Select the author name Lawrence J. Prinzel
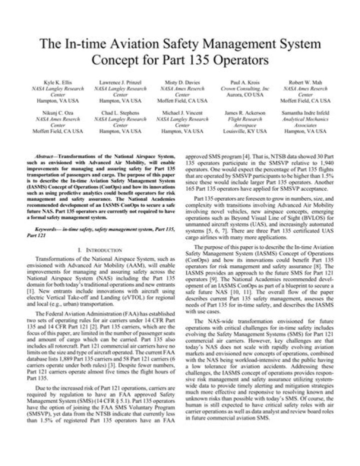pos(119,81)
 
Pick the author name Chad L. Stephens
pos(119,114)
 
